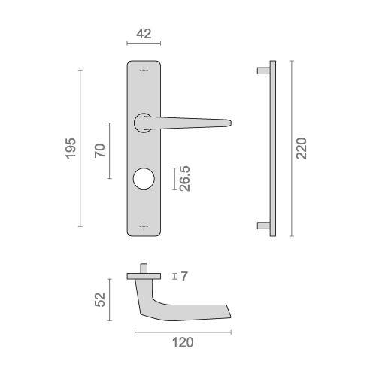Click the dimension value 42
(143, 34)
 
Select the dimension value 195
(71, 149)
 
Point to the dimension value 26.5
(184, 180)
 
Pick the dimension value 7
(183, 277)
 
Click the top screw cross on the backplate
(144, 70)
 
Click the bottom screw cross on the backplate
(144, 225)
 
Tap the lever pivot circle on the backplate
(141, 121)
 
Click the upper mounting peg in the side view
(262, 71)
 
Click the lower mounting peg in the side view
(262, 225)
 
